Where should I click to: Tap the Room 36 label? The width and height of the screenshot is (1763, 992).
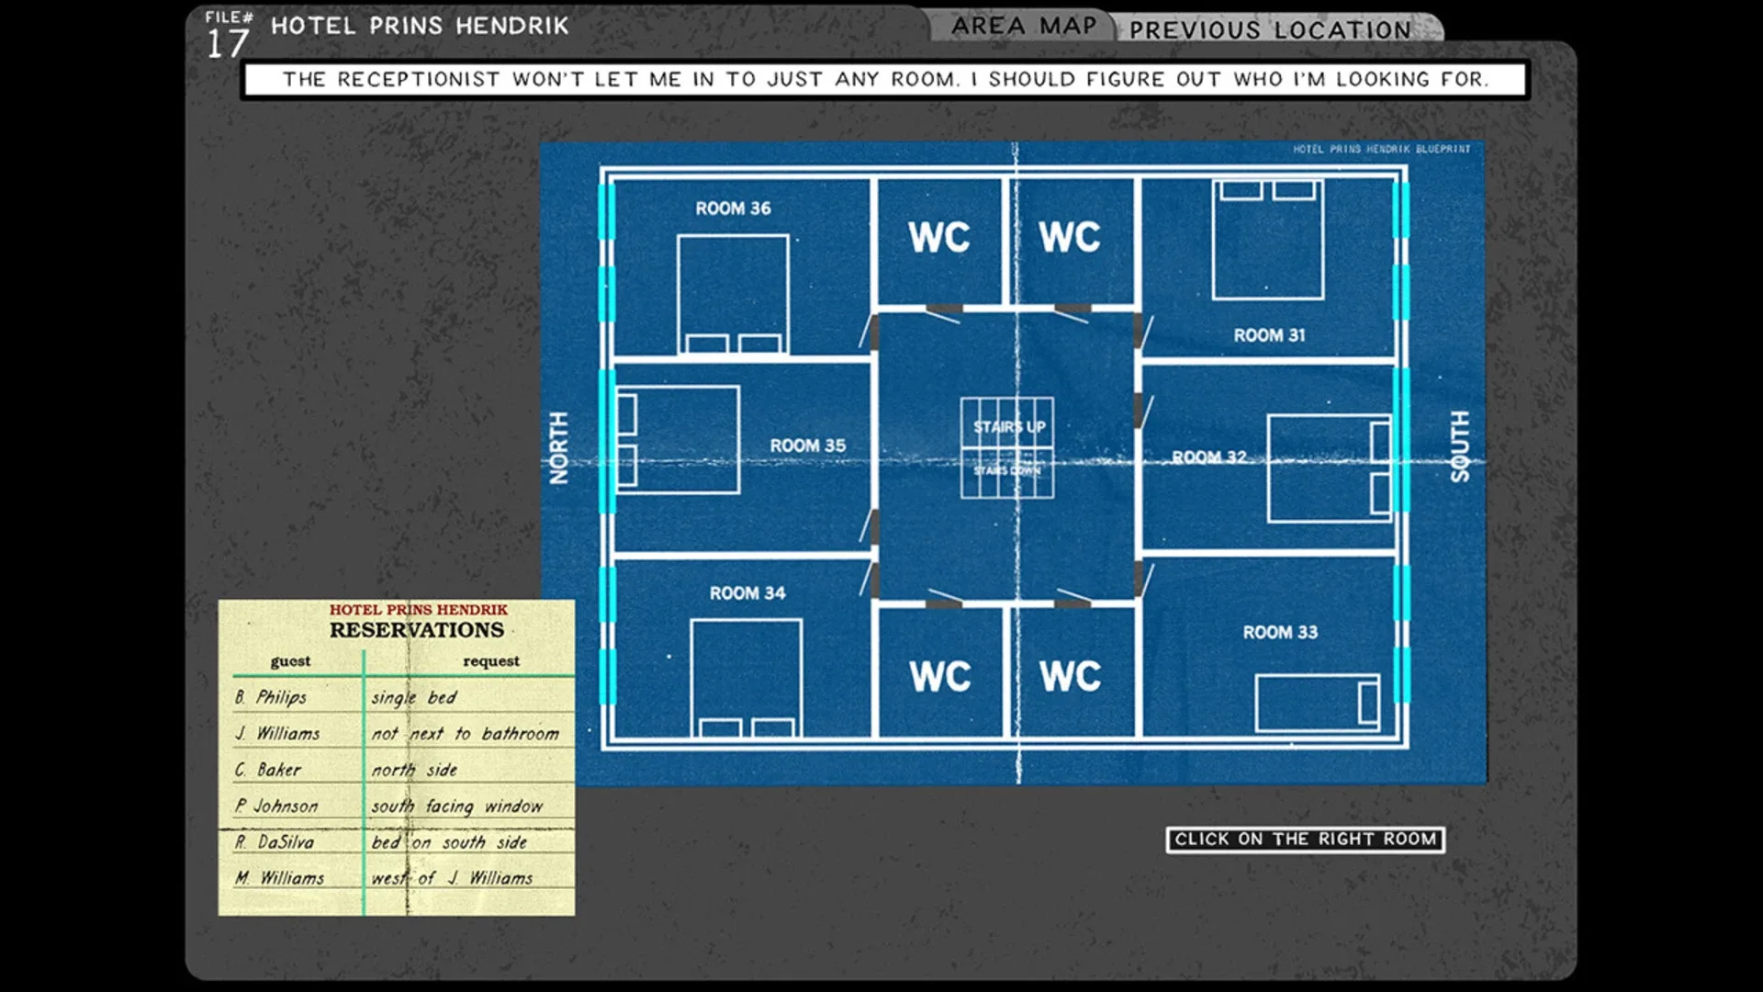(x=733, y=209)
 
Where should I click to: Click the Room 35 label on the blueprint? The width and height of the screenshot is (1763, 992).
(x=807, y=445)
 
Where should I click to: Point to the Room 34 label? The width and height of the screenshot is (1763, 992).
(x=747, y=593)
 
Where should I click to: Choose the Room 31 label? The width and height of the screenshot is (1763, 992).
(x=1269, y=335)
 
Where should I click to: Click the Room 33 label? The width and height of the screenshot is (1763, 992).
(x=1280, y=632)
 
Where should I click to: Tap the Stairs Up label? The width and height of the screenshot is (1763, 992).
(x=1009, y=427)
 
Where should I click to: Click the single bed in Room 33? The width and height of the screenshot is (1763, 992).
(x=1318, y=703)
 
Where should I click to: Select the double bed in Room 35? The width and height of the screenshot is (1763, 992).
(x=678, y=440)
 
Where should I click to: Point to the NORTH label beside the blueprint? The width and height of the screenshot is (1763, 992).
(x=558, y=447)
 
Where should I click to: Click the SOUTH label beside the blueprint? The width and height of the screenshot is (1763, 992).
(x=1459, y=446)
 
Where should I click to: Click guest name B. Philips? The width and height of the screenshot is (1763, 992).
(x=271, y=697)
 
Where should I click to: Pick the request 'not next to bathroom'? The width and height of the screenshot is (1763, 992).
(x=465, y=733)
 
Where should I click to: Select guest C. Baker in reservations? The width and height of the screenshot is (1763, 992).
(x=268, y=770)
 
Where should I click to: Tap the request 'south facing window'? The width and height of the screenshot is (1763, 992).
(x=456, y=806)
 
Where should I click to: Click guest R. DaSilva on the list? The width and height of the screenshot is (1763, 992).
(x=275, y=841)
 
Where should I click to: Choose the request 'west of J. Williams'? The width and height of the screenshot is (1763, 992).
(x=452, y=878)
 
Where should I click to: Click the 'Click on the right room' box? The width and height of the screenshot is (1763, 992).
(x=1305, y=840)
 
